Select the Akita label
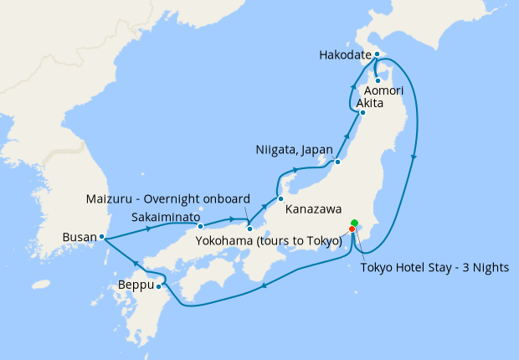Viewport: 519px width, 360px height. tap(369, 104)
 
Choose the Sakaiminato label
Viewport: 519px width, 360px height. tap(165, 217)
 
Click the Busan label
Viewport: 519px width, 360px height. tap(80, 237)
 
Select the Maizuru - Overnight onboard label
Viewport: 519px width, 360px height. tap(168, 198)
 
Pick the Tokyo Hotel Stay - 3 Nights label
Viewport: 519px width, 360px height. tap(434, 268)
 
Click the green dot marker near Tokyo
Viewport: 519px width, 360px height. tap(354, 223)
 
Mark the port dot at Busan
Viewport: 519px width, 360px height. tap(102, 237)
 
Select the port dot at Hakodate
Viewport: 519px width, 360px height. tap(378, 54)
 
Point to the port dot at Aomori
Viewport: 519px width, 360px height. tap(378, 80)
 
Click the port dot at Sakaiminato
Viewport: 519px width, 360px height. tap(200, 226)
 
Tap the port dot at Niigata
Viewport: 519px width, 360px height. tap(337, 162)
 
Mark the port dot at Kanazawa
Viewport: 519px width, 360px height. tap(281, 198)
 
